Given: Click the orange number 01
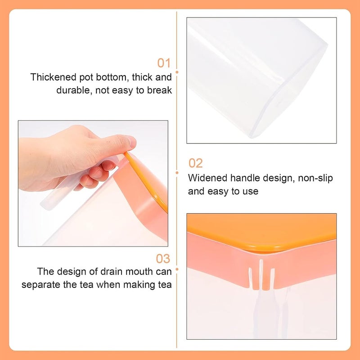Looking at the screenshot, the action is coord(164,63).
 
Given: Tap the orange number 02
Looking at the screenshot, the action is coord(196,163).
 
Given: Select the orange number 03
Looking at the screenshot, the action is coord(163,258).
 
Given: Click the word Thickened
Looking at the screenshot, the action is coord(54,77).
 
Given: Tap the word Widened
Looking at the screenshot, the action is coord(207,178).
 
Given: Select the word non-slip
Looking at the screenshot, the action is coord(315,178).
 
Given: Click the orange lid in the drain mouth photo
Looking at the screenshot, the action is coord(262,232).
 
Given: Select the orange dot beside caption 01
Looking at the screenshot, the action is coord(177,72).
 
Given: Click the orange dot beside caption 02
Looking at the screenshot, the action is coord(177,173).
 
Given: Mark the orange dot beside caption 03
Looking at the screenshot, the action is coord(177,269).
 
